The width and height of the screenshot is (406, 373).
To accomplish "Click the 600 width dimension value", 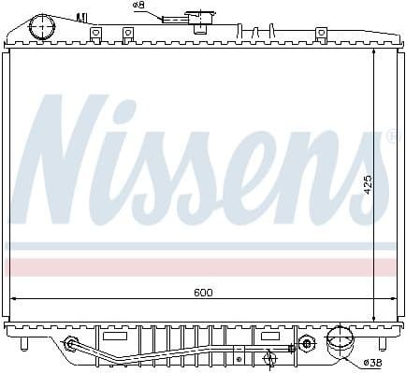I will pyautogui.click(x=203, y=292).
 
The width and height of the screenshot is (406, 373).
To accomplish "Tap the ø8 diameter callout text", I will pyautogui.click(x=138, y=6).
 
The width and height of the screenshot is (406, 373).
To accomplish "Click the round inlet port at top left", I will pyautogui.click(x=40, y=28).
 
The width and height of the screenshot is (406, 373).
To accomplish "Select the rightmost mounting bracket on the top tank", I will pyautogui.click(x=321, y=35).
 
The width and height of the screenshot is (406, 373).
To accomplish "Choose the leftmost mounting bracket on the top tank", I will pyautogui.click(x=94, y=35).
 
